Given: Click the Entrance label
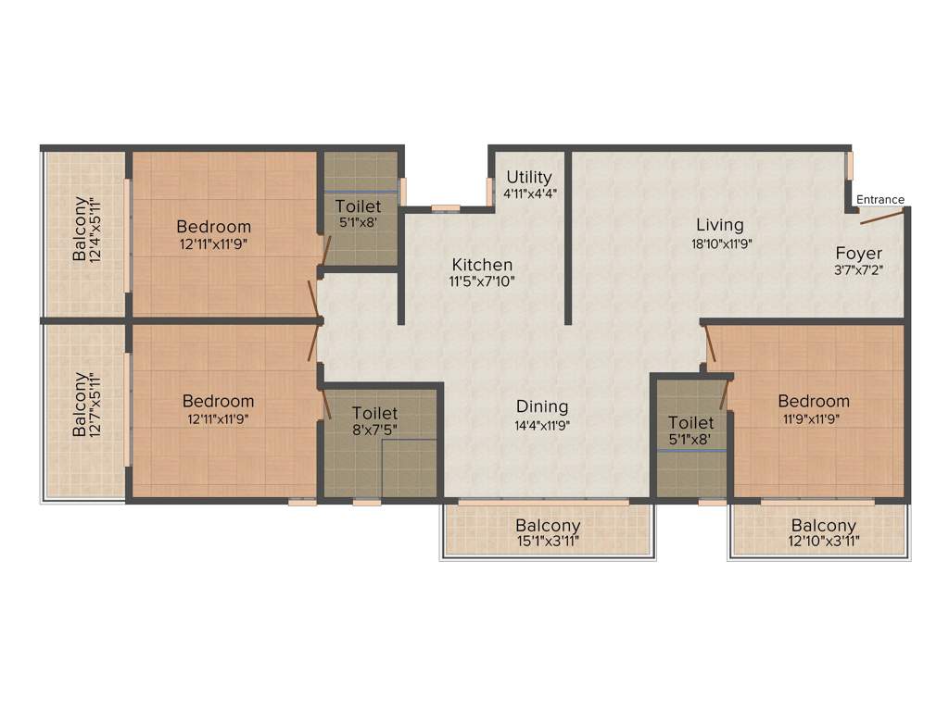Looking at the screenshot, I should click(x=879, y=199).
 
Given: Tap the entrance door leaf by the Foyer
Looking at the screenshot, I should click(x=881, y=217).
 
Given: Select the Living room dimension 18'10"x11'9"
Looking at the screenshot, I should click(x=719, y=244).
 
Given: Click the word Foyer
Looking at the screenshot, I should click(x=858, y=253).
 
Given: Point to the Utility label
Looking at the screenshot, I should click(x=529, y=177).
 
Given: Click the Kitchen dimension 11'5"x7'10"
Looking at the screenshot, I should click(x=483, y=282).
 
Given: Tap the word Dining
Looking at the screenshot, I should click(x=542, y=406).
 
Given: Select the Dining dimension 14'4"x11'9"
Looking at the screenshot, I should click(x=542, y=425).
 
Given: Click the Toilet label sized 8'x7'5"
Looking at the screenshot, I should click(x=374, y=413).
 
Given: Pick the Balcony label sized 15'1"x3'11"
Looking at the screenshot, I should click(x=548, y=526).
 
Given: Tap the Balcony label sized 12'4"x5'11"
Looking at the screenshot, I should click(x=82, y=228).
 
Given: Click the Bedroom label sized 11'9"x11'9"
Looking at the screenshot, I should click(x=813, y=401).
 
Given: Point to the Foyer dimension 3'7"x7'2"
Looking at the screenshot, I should click(x=858, y=271).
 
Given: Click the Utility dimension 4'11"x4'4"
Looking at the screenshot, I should click(x=529, y=194).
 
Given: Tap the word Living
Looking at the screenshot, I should click(x=719, y=225).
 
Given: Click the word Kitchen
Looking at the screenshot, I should click(x=483, y=265).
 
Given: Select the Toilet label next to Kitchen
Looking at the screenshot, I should click(x=358, y=206).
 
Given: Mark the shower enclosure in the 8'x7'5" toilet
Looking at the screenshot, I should click(x=408, y=468).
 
